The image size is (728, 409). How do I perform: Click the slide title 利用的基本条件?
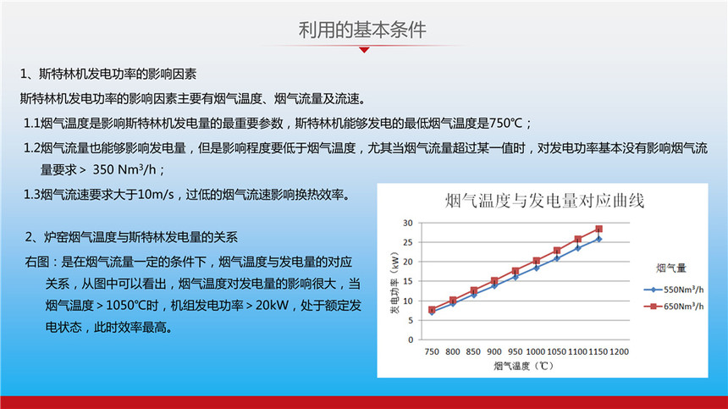(362, 30)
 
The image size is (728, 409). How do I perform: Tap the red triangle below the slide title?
(365, 50)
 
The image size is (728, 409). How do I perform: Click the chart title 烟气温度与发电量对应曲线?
(544, 201)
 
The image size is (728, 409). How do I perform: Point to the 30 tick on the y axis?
(408, 223)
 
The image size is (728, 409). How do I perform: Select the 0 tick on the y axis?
(411, 340)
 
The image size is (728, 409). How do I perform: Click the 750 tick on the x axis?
(432, 352)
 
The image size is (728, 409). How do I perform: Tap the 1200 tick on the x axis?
(619, 352)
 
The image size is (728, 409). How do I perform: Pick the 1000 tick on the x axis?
(535, 352)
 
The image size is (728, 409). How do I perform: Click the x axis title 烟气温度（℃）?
(524, 367)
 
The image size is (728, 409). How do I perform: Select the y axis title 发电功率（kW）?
(394, 283)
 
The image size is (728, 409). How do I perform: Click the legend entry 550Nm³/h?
(674, 290)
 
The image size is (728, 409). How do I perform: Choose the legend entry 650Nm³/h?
(674, 307)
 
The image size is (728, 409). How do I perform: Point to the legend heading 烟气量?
(671, 268)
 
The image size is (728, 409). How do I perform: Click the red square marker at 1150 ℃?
(599, 229)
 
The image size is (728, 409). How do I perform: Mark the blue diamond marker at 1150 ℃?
(599, 239)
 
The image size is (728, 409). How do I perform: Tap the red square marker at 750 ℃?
(432, 310)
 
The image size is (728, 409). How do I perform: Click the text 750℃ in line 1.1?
(506, 124)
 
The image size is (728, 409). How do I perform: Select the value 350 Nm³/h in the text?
(124, 169)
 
